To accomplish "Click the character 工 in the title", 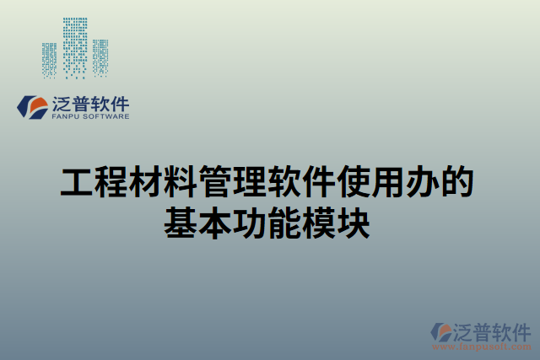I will [x=77, y=182].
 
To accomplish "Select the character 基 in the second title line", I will [x=181, y=223].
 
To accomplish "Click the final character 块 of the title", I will [x=354, y=223].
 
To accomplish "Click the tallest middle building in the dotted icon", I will [x=76, y=46].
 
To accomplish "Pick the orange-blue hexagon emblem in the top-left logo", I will [x=34, y=107].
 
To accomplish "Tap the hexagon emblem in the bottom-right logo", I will [x=441, y=331].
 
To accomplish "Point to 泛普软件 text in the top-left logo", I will [x=91, y=104].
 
